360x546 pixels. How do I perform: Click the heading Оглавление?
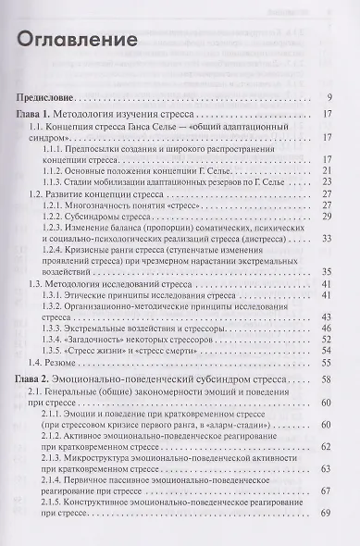[78, 43]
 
